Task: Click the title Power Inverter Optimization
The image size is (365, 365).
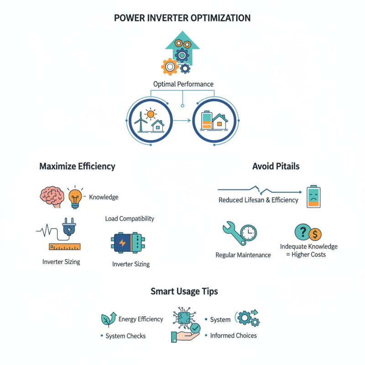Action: click(182, 18)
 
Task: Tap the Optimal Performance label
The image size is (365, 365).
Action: click(182, 84)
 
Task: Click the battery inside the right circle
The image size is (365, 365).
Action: click(207, 120)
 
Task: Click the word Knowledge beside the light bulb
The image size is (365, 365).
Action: click(104, 197)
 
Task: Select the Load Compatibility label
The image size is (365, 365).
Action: click(130, 219)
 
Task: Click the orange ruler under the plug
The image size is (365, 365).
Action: click(64, 246)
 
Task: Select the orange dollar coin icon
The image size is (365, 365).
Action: click(315, 235)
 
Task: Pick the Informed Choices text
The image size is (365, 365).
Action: click(233, 336)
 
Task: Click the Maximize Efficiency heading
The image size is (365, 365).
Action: click(77, 167)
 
